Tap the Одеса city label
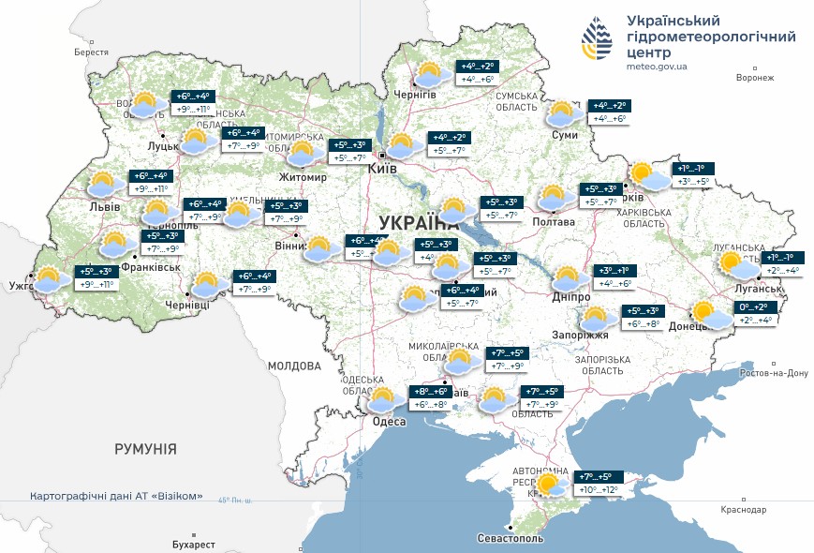pos(389,422)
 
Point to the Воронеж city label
pos(755,78)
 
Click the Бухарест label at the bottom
pos(194,544)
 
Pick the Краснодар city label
pos(744,509)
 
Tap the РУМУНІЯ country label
pos(145,450)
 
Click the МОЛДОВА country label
pos(294,366)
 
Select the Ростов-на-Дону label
pos(773,372)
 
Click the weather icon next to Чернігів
pos(429,74)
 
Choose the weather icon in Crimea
pos(551,485)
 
